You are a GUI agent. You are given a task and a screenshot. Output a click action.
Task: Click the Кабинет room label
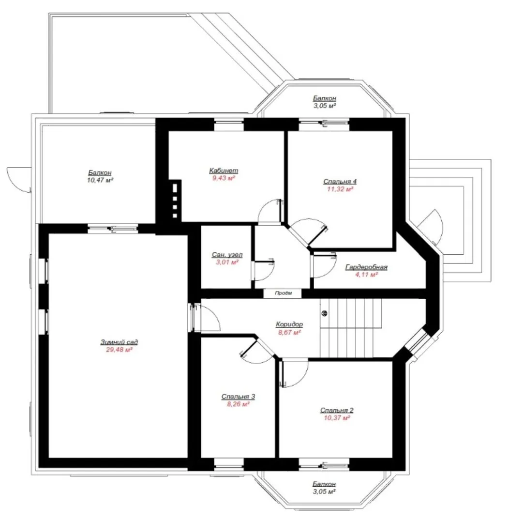pyautogui.click(x=224, y=171)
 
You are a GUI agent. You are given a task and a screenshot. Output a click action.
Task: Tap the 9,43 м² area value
pyautogui.click(x=224, y=178)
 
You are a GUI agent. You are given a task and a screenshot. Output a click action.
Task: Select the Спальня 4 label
pyautogui.click(x=340, y=182)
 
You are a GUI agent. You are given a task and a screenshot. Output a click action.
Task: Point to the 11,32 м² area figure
pyautogui.click(x=340, y=189)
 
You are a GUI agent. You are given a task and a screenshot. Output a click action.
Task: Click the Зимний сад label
pyautogui.click(x=119, y=342)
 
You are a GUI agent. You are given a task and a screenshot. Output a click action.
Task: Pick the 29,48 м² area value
pyautogui.click(x=120, y=350)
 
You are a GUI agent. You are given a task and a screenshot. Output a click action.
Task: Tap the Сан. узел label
pyautogui.click(x=227, y=255)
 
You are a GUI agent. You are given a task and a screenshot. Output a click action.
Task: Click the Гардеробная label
pyautogui.click(x=366, y=267)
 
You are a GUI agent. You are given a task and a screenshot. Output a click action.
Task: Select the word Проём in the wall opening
pyautogui.click(x=284, y=293)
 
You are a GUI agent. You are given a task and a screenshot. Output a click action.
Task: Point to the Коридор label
pyautogui.click(x=289, y=324)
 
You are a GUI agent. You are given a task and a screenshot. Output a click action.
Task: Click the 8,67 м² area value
pyautogui.click(x=290, y=332)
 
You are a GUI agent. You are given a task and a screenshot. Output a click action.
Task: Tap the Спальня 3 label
pyautogui.click(x=239, y=397)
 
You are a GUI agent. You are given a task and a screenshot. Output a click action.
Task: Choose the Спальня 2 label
pyautogui.click(x=337, y=410)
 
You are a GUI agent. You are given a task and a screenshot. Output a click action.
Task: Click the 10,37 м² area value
pyautogui.click(x=337, y=418)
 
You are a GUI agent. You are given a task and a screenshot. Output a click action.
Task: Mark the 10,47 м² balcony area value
pyautogui.click(x=100, y=180)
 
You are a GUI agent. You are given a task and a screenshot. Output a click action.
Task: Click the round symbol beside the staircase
pyautogui.click(x=324, y=313)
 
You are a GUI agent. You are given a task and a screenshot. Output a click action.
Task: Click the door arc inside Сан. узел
pyautogui.click(x=269, y=274)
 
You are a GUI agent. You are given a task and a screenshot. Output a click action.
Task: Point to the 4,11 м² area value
pyautogui.click(x=367, y=275)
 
